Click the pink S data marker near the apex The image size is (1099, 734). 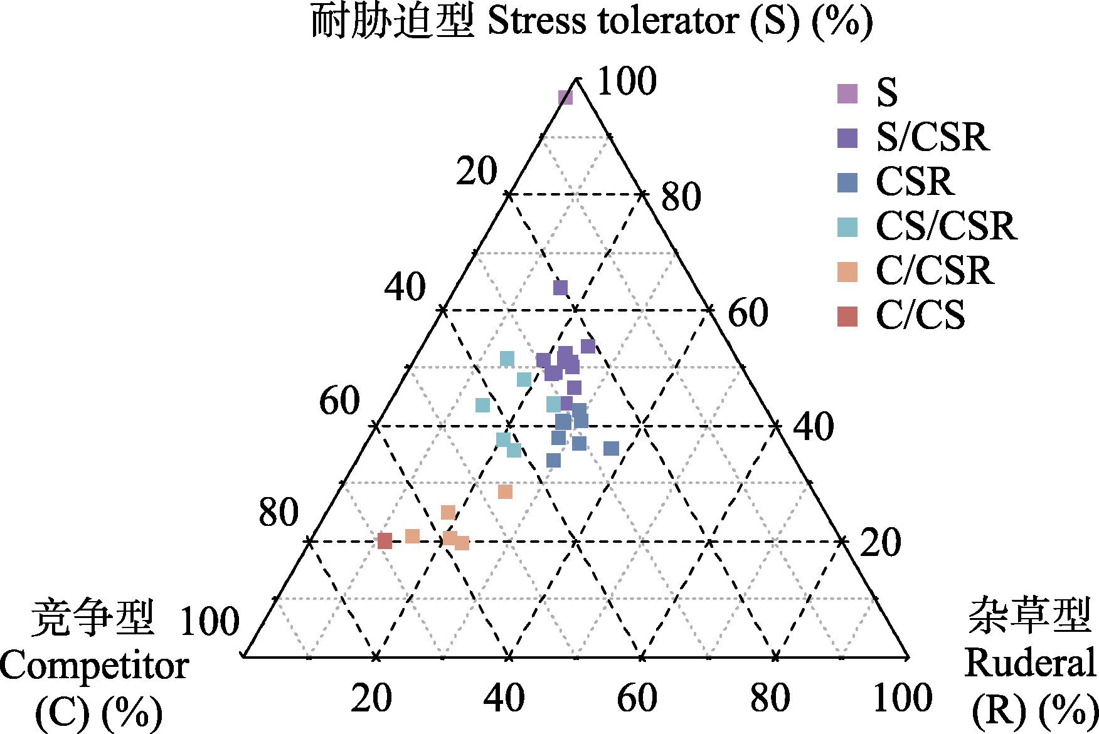(565, 97)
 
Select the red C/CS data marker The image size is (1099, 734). (385, 541)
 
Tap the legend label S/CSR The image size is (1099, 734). (932, 137)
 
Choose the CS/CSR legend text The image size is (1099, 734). (945, 226)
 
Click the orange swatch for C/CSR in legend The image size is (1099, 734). (847, 271)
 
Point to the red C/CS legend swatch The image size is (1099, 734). (847, 317)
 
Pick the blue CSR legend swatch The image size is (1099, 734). (847, 182)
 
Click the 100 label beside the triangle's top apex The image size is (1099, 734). (627, 81)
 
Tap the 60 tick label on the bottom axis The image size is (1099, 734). (637, 698)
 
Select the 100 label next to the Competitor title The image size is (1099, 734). (210, 622)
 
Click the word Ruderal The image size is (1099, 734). (1030, 663)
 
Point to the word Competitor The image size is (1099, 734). (94, 666)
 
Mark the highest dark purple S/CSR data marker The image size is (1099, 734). (560, 288)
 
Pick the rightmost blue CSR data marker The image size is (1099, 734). (611, 448)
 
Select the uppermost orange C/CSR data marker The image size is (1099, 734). (505, 491)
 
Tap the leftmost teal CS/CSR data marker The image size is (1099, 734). (482, 405)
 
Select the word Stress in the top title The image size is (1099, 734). (536, 21)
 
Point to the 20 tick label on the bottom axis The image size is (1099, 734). (371, 698)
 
